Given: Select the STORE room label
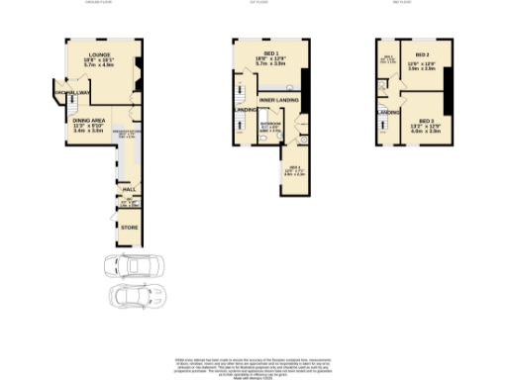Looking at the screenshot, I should tap(129, 228).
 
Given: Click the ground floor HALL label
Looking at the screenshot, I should tap(129, 189).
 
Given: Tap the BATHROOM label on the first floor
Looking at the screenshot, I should tap(269, 125).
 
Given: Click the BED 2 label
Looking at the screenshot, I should tap(422, 55).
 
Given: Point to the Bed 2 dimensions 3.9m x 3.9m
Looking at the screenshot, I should tap(422, 68).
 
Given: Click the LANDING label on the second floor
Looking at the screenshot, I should tap(388, 112).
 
